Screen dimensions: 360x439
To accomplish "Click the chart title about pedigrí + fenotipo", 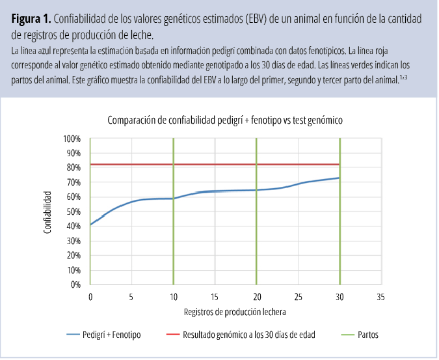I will click(224, 120).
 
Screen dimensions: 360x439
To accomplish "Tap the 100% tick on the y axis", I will click(72, 139).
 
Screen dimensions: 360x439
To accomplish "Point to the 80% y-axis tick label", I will click(73, 168).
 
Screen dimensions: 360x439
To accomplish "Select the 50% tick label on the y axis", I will click(73, 212).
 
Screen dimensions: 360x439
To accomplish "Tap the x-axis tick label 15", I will click(215, 296).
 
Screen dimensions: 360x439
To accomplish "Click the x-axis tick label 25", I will click(298, 296).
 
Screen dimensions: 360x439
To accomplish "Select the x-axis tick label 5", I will click(132, 296).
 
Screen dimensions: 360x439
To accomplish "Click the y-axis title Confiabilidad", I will click(47, 212).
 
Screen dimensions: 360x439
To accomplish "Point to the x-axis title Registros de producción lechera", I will click(235, 312).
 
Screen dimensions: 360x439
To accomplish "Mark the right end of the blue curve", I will click(339, 178).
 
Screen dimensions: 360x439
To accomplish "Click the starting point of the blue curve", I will click(90, 225).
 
